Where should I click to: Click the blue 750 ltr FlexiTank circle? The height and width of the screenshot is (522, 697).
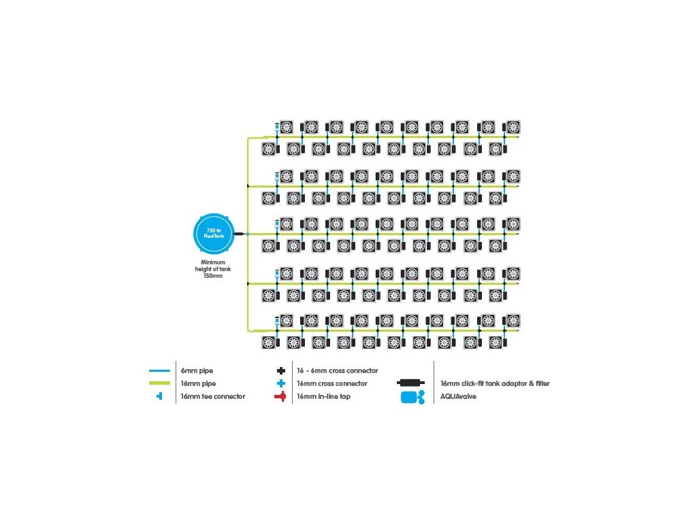point(214,234)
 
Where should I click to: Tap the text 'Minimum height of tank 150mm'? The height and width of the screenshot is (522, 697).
point(213,269)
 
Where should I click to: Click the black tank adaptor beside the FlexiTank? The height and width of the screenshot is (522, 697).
point(239,234)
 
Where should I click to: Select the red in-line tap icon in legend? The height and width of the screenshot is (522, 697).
point(280,396)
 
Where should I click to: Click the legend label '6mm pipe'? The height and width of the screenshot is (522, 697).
point(197,370)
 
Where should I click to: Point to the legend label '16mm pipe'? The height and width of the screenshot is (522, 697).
point(198,383)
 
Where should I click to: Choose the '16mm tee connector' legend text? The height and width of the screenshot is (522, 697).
point(213,396)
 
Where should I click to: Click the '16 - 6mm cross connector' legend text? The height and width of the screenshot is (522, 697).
point(338,370)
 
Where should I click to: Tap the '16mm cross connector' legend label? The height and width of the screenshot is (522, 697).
point(332,383)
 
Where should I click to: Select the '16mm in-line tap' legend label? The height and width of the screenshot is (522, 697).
point(323,396)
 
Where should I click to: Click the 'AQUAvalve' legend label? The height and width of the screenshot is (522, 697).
point(458,396)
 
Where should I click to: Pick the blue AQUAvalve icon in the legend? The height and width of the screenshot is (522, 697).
point(412,397)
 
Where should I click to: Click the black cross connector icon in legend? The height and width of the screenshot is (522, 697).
point(281,370)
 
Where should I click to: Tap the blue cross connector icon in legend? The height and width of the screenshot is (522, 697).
point(281,383)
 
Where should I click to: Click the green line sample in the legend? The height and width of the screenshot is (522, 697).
point(159,383)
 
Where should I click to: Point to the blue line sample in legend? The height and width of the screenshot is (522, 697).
point(159,370)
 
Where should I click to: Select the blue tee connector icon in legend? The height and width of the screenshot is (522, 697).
point(159,396)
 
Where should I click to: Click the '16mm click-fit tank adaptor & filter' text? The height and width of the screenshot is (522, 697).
point(496,383)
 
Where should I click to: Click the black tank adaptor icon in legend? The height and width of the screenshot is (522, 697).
point(410,383)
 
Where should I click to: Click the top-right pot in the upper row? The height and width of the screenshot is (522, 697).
point(513,127)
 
